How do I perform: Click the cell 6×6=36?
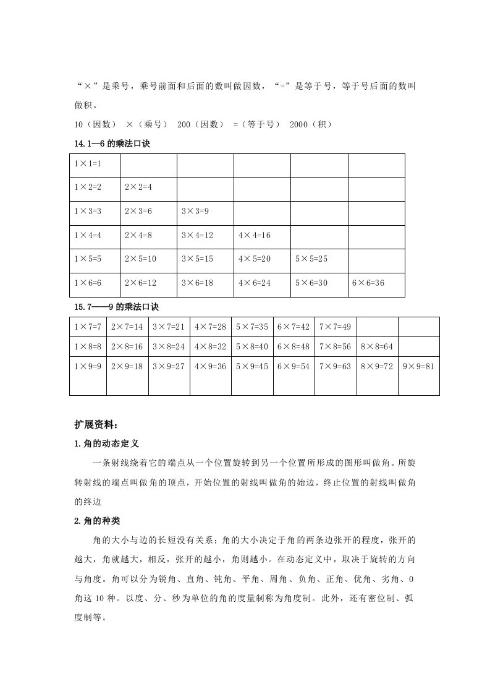coord(368,283)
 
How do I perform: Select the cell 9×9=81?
coord(418,367)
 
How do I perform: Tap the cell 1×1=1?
coord(87,164)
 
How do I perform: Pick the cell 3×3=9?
coord(195,212)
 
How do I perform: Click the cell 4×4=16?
coord(255,235)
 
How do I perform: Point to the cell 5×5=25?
coord(311,259)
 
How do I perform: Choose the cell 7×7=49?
coord(334,326)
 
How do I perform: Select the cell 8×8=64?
coord(376,346)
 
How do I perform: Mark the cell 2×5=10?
coord(140,259)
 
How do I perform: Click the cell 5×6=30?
coord(311,283)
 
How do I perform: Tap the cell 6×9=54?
coord(293,367)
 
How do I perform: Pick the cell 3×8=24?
coord(168,346)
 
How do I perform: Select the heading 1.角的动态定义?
coord(106,443)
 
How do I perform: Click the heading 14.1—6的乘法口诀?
coord(112,144)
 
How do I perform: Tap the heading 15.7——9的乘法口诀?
coord(116,307)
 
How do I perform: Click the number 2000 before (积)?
coord(298,124)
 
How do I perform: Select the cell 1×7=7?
coord(87,326)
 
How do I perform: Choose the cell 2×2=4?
coord(138,187)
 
